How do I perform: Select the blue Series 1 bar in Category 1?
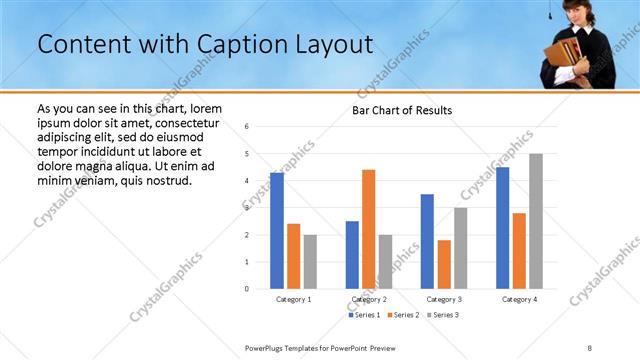pos(277,230)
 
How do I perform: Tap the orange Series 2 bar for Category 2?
pos(368,229)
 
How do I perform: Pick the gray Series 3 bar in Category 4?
pos(536,221)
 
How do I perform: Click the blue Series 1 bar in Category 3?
pos(428,241)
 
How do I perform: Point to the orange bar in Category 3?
pos(444,264)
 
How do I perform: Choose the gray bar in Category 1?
pos(310,261)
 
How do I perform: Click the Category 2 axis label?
pos(369,299)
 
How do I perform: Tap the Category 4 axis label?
pos(519,299)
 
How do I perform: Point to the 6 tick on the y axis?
pos(247,127)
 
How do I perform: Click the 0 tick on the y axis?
pos(247,289)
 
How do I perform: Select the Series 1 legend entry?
pos(363,315)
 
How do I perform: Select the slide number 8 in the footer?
pos(589,347)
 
